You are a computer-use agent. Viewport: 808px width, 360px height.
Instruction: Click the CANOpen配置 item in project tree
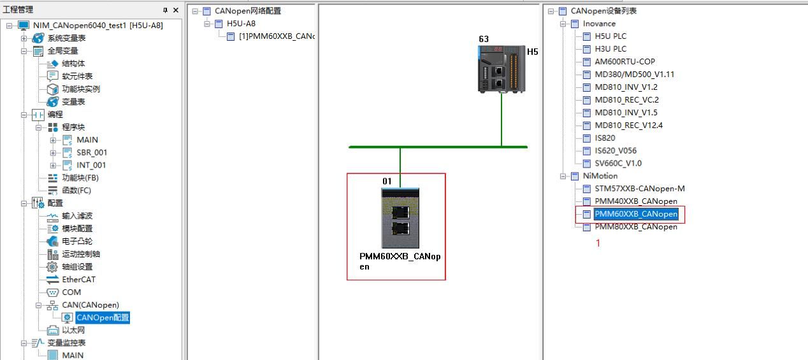102,317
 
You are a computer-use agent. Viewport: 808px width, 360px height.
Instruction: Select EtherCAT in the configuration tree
78,279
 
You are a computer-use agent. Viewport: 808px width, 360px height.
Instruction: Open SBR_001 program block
92,152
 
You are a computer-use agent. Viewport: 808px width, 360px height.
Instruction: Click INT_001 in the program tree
91,165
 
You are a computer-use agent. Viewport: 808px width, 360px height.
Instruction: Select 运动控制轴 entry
81,254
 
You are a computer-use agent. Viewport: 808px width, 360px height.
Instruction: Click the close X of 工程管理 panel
176,10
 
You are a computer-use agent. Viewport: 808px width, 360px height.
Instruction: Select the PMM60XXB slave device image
400,217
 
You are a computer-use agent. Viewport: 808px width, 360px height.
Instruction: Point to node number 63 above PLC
484,39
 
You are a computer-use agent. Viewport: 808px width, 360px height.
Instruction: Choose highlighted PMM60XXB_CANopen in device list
635,214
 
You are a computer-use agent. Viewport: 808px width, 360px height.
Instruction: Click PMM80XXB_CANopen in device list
635,227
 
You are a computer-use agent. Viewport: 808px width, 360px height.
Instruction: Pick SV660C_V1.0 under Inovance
618,163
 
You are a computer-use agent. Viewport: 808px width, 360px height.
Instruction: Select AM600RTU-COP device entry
624,61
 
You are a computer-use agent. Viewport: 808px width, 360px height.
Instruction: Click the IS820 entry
605,138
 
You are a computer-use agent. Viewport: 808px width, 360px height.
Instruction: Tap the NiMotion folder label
600,176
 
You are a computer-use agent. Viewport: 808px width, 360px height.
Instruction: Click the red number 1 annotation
598,243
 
